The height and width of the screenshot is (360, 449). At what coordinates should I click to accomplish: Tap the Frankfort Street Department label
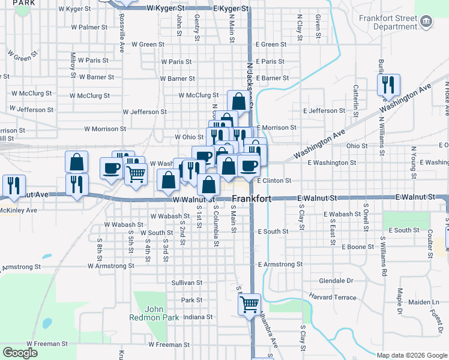(388, 22)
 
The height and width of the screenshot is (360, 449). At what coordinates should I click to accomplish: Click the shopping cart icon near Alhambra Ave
(249, 304)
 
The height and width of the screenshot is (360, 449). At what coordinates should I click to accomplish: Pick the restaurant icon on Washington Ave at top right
(388, 85)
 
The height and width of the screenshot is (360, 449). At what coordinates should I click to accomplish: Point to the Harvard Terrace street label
(333, 297)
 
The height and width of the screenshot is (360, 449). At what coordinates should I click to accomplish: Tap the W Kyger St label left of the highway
(165, 9)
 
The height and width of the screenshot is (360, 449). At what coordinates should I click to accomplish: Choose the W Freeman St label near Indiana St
(168, 344)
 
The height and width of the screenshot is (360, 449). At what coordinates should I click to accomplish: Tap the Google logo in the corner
(20, 352)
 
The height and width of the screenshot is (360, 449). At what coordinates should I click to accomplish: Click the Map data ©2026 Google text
(411, 355)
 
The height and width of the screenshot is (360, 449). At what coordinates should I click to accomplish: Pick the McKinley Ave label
(20, 211)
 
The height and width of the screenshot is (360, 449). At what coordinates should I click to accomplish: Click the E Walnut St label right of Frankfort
(318, 198)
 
